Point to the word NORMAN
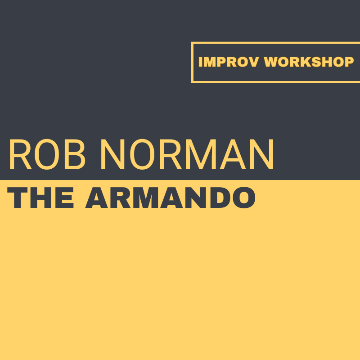point(187,155)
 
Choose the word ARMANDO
point(170,198)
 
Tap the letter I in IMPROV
point(201,62)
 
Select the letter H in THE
point(41,198)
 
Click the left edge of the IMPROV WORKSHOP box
point(192,62)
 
